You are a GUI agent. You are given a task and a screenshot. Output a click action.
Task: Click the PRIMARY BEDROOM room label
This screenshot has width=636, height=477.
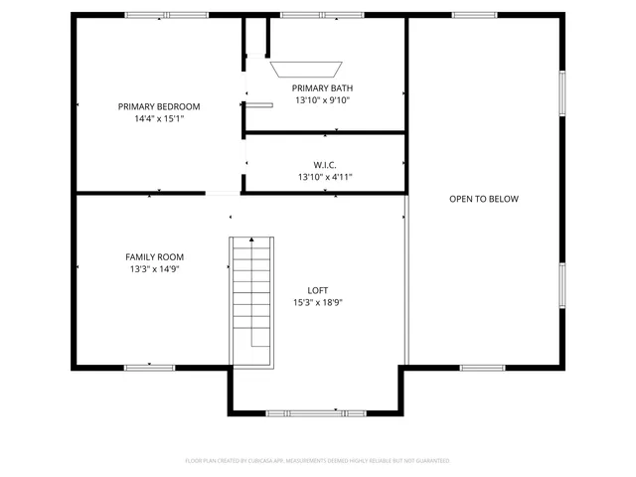click(x=159, y=106)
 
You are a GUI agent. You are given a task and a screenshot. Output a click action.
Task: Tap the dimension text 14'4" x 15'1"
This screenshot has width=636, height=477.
click(x=159, y=118)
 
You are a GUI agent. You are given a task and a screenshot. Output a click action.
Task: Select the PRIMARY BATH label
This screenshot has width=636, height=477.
click(x=322, y=88)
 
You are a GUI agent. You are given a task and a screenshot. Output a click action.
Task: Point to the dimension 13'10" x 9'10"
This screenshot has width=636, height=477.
click(x=322, y=100)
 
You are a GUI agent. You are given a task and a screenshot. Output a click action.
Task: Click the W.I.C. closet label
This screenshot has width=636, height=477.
click(x=325, y=165)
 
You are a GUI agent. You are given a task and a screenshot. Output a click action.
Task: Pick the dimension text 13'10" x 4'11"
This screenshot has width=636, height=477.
click(x=325, y=177)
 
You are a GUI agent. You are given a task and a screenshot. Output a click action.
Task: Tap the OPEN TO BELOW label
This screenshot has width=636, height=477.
click(x=484, y=199)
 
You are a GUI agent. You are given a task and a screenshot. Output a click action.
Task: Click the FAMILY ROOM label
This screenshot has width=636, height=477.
click(x=154, y=256)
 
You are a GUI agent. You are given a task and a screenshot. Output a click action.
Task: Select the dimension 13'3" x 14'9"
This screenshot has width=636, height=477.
click(x=154, y=268)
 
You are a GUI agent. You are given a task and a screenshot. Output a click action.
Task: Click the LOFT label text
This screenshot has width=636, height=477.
click(x=318, y=290)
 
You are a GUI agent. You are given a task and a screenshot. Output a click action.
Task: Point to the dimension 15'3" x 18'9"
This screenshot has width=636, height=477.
click(x=318, y=302)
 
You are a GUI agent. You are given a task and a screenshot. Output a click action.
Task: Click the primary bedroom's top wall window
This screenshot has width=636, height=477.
click(x=152, y=15)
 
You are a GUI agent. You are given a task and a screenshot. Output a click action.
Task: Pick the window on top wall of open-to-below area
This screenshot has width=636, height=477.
click(x=474, y=15)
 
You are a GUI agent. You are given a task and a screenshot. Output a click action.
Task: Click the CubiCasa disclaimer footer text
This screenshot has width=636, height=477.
click(x=318, y=460)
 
